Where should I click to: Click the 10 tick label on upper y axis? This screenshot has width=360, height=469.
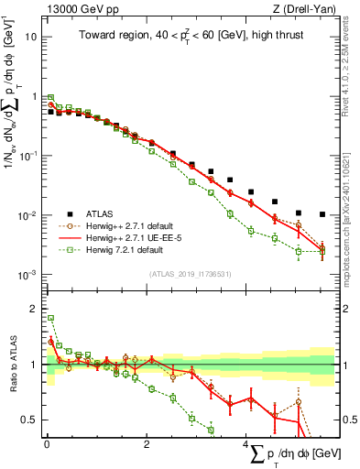31,38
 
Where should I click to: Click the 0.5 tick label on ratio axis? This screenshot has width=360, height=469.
29,420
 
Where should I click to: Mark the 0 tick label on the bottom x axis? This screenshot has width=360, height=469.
47,442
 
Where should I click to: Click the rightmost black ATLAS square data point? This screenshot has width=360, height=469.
322,214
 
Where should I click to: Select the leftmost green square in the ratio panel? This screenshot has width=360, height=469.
50,318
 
